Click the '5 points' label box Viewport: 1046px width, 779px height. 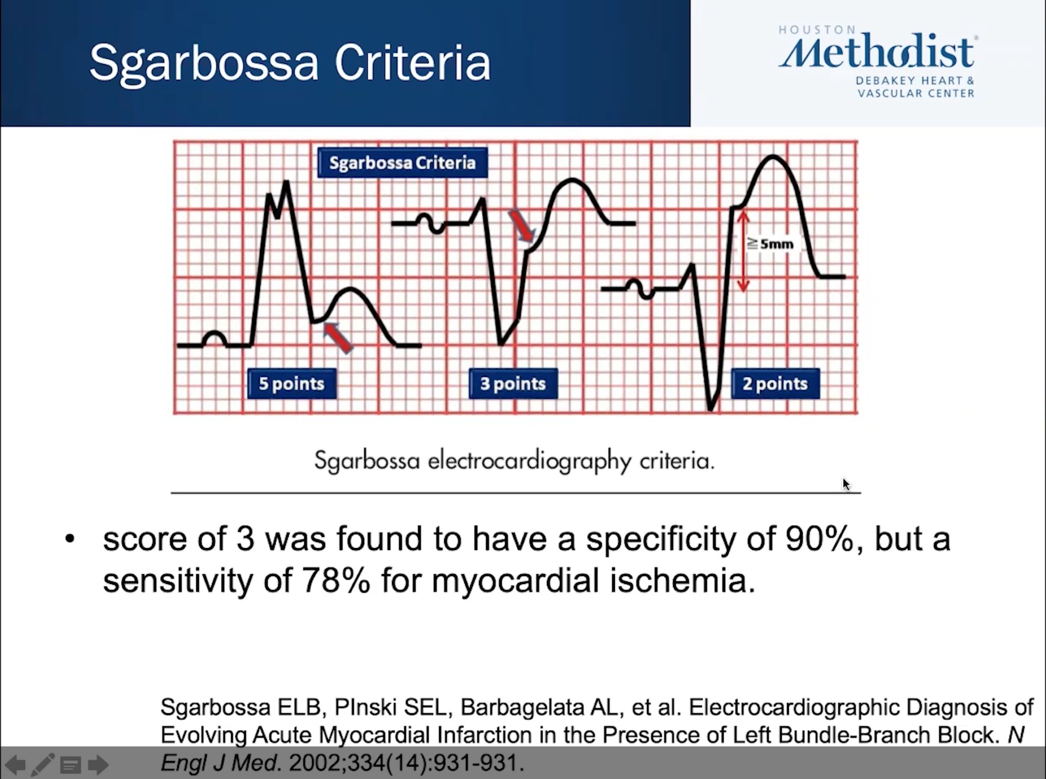(291, 384)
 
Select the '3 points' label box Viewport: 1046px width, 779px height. (513, 384)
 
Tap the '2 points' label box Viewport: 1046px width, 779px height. (775, 384)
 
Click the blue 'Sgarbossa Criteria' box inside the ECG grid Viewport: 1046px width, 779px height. (402, 163)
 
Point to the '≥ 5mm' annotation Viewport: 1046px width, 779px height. (770, 244)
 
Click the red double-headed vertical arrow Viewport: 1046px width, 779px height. (743, 251)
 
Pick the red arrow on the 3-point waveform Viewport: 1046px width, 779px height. (521, 225)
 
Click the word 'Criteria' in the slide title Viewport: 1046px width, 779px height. (412, 63)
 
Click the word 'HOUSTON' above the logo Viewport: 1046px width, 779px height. (817, 30)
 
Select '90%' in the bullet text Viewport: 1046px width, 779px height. (819, 539)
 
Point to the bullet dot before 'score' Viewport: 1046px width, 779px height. (70, 539)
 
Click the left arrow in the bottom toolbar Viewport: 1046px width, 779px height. (15, 765)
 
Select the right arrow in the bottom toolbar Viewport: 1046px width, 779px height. (98, 765)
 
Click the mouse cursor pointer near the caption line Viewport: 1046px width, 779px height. (846, 484)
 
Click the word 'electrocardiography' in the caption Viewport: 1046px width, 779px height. (530, 461)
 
